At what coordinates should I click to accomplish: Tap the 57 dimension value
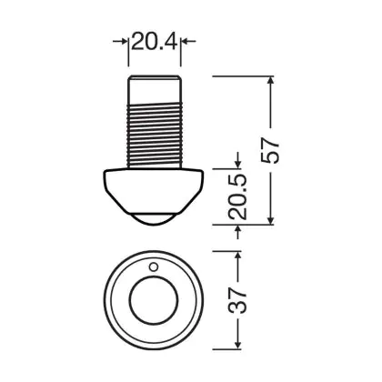tap(270, 151)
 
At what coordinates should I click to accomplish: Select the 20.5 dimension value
tap(237, 197)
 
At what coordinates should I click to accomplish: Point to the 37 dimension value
tap(237, 300)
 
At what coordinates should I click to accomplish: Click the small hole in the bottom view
tap(154, 266)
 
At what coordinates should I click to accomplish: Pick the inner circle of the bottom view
tap(154, 300)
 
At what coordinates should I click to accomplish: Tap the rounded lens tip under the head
tap(154, 219)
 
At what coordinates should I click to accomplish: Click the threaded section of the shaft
tap(154, 135)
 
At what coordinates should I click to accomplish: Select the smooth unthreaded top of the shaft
tap(154, 89)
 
